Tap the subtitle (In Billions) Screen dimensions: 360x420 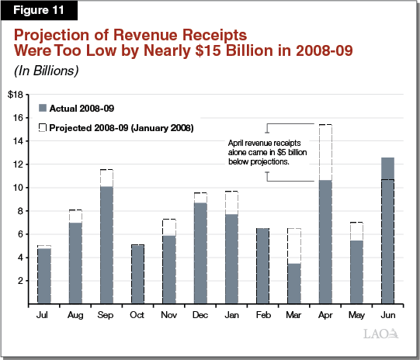pos(45,71)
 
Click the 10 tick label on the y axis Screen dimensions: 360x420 pos(18,188)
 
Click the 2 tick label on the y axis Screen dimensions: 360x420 pos(20,281)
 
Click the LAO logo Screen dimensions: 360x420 pos(381,334)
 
